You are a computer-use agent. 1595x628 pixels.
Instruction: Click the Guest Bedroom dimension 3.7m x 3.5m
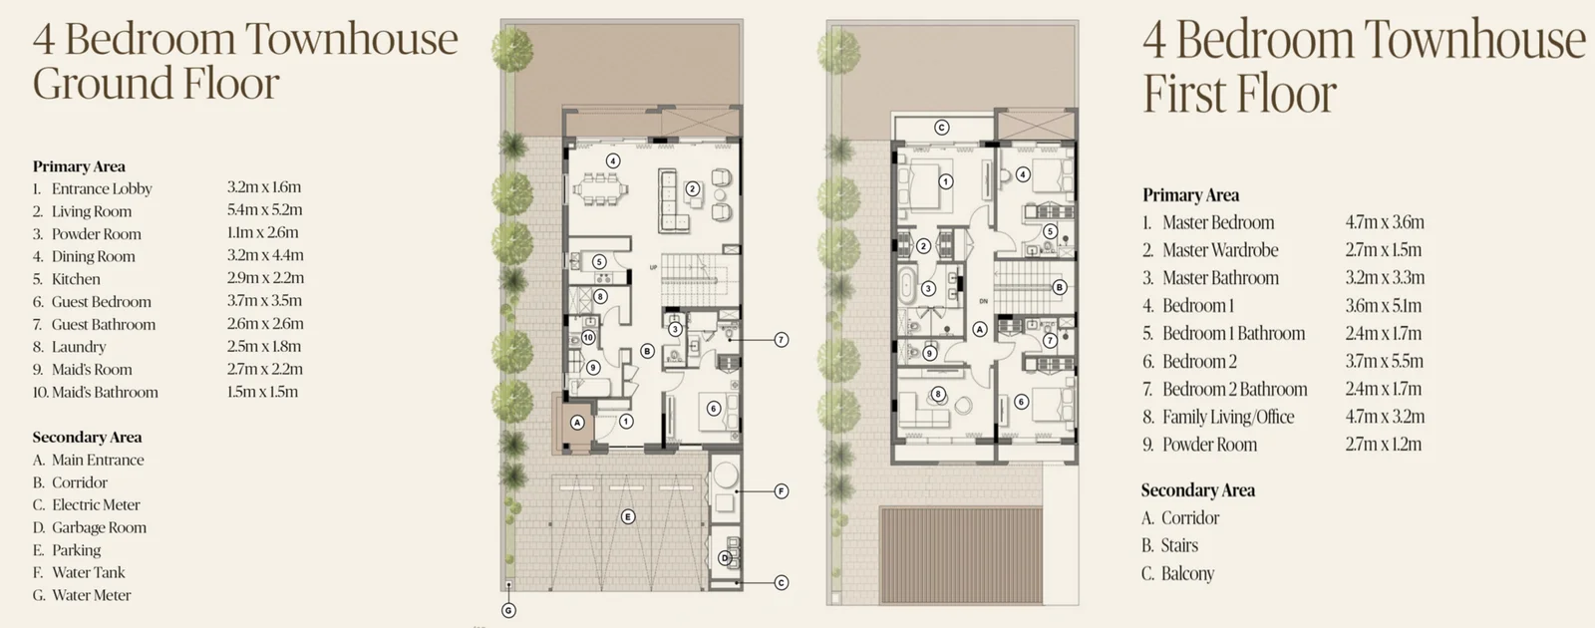tap(264, 300)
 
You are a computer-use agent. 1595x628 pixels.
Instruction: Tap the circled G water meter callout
tap(508, 610)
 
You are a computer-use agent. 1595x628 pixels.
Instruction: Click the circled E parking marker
tap(627, 517)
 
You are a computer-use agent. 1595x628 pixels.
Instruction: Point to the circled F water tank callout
tap(782, 491)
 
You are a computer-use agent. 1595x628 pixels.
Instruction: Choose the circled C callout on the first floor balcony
tap(942, 128)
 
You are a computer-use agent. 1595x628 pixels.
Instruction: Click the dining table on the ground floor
tap(601, 190)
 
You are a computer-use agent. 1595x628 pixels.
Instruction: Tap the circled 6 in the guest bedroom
tap(714, 408)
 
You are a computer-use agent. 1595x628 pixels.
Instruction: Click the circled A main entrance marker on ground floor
tap(577, 423)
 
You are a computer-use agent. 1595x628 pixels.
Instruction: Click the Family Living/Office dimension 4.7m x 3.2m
tap(1385, 416)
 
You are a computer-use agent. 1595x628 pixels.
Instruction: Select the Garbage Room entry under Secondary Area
tap(89, 527)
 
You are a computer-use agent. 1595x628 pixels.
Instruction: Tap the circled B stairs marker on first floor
tap(1060, 287)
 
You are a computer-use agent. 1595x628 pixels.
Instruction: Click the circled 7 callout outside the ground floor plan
tap(782, 340)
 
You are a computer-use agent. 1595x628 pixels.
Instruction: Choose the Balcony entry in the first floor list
tap(1177, 573)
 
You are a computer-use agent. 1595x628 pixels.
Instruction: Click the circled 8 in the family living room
tap(938, 394)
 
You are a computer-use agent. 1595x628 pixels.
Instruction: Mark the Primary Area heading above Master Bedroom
tap(1190, 195)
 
